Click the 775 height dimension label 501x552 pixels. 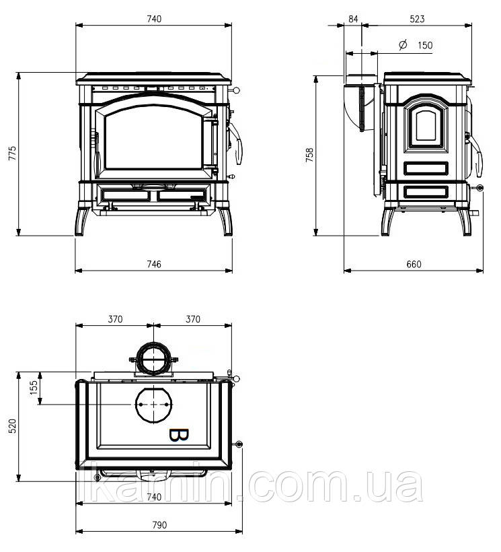click(13, 153)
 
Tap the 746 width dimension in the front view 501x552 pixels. click(154, 264)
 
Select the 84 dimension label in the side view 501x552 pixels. click(353, 19)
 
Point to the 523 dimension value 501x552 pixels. click(418, 19)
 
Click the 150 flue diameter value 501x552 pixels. click(425, 45)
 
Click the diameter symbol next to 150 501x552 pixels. click(403, 44)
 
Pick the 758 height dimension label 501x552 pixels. click(309, 155)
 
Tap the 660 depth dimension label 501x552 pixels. click(414, 265)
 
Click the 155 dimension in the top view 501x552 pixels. click(34, 388)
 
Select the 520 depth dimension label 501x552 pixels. click(13, 426)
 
